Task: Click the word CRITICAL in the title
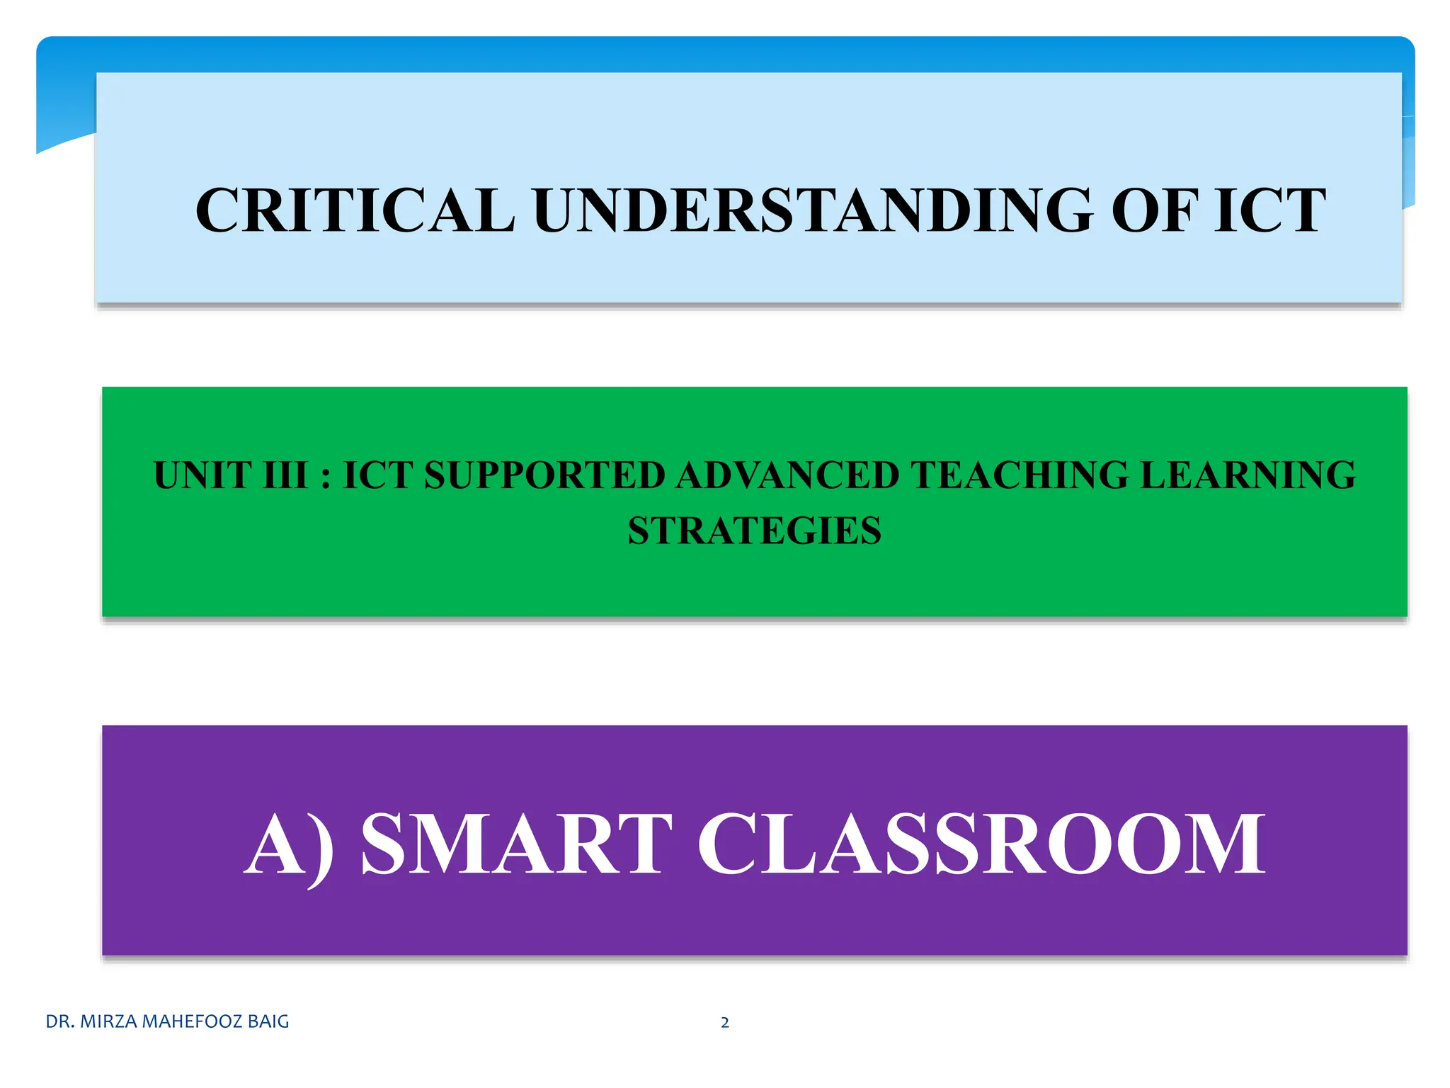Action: pyautogui.click(x=355, y=210)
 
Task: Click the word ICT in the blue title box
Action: pyautogui.click(x=1270, y=210)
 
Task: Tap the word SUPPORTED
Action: pyautogui.click(x=544, y=475)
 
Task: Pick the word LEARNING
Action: pyautogui.click(x=1248, y=475)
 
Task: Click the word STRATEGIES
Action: pyautogui.click(x=755, y=531)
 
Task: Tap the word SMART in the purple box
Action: pyautogui.click(x=516, y=844)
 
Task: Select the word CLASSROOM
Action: pyautogui.click(x=981, y=844)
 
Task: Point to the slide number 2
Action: pyautogui.click(x=724, y=1022)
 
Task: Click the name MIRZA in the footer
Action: pyautogui.click(x=110, y=1021)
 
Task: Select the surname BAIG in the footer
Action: pyautogui.click(x=268, y=1021)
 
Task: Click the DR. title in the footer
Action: pyautogui.click(x=60, y=1021)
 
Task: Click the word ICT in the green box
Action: pyautogui.click(x=377, y=475)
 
